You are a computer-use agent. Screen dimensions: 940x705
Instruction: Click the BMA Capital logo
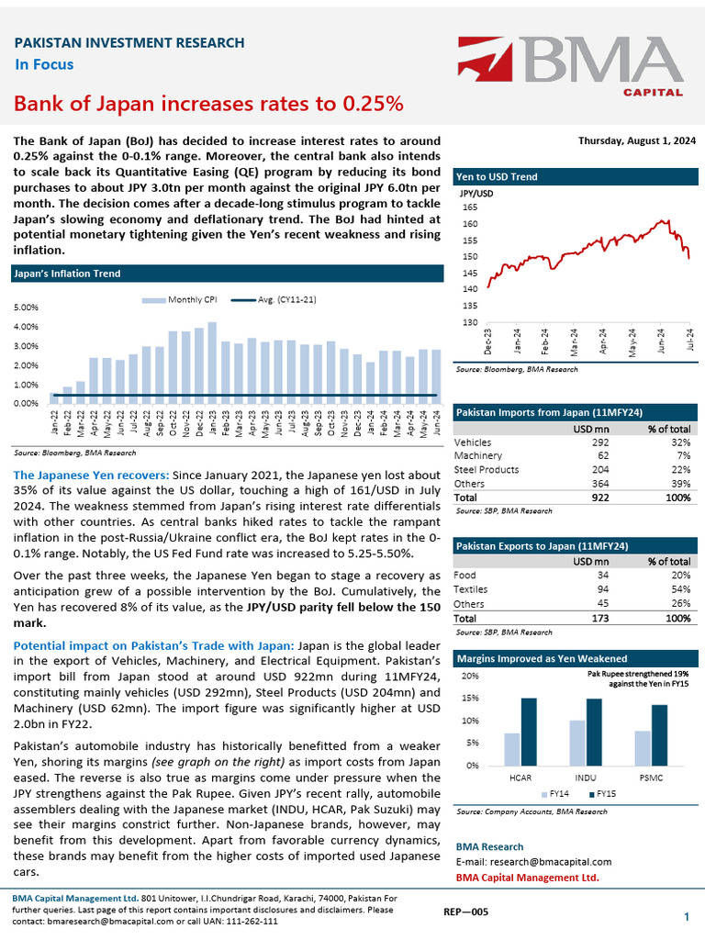(570, 66)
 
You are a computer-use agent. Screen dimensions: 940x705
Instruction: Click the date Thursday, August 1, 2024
(636, 140)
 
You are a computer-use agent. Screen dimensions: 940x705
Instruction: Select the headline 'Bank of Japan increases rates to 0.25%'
(208, 103)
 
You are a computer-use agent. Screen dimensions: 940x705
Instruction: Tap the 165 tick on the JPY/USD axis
(470, 207)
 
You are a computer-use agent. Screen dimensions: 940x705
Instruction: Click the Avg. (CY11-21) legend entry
(276, 298)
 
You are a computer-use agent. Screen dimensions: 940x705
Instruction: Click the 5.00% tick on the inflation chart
(26, 308)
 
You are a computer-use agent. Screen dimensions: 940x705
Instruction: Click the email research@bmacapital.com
(533, 862)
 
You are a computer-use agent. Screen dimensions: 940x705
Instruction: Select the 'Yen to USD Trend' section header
(497, 176)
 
